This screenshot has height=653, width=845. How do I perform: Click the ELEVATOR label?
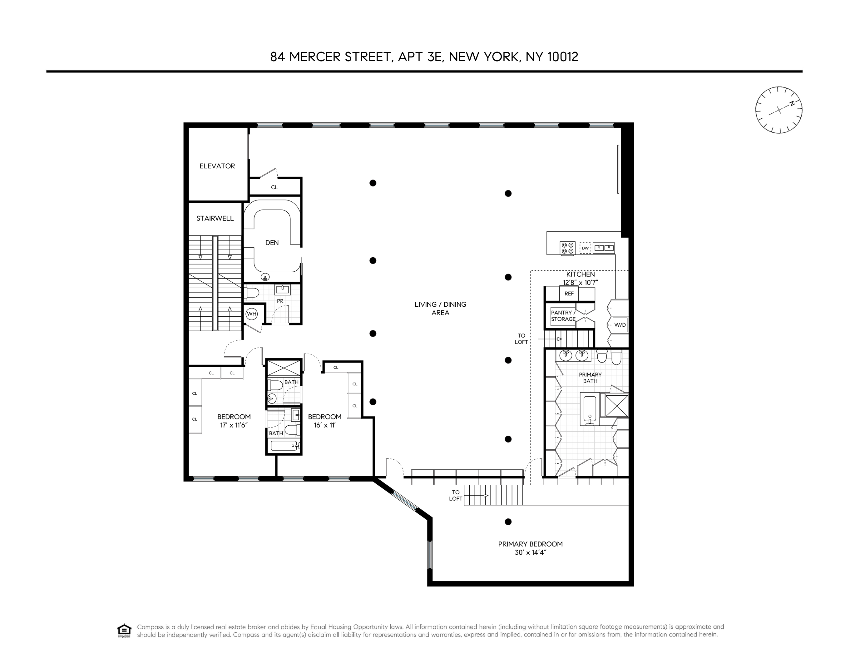(217, 166)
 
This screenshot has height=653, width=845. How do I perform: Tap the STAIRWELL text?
(215, 218)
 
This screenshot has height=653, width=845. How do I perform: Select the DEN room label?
(272, 243)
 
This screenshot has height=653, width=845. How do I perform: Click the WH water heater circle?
(251, 314)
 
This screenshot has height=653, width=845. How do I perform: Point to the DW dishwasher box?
(586, 248)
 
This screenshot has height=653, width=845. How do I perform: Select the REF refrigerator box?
(569, 294)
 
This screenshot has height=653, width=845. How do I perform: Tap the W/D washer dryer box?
(620, 325)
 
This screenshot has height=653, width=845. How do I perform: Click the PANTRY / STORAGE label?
(563, 316)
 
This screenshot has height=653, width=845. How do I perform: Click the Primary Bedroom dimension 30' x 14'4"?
(530, 552)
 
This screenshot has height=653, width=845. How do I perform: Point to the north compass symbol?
(779, 110)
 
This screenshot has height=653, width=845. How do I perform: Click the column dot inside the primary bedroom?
(508, 522)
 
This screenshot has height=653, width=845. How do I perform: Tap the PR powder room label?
(280, 301)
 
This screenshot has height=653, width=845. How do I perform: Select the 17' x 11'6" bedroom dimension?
(234, 425)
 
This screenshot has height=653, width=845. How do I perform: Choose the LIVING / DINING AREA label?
(440, 308)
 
